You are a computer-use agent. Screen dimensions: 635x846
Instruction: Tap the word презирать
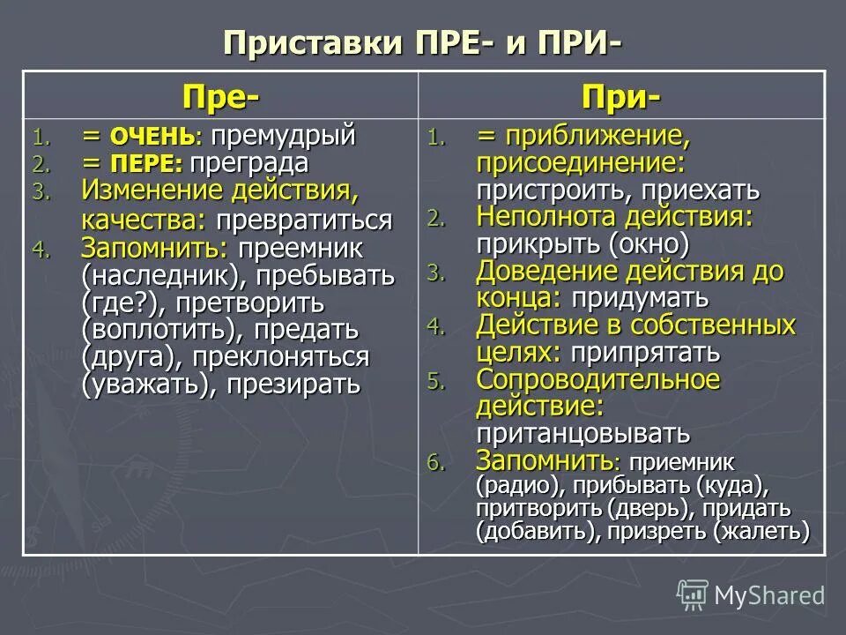point(293,385)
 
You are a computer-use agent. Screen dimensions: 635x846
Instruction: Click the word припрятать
point(645,353)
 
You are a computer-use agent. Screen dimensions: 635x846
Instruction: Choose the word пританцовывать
point(583,434)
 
